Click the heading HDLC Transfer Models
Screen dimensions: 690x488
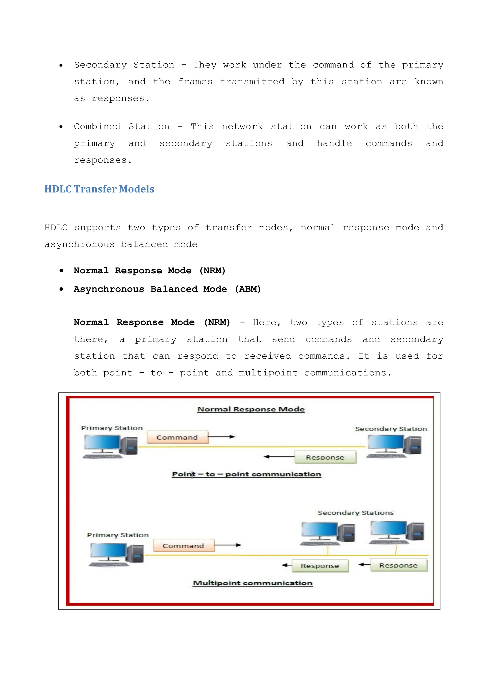pos(99,189)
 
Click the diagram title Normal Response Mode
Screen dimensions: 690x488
pos(251,409)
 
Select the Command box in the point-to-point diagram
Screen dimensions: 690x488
pos(177,437)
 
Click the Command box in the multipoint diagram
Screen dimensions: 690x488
pos(184,546)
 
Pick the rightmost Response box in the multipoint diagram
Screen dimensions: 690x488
pos(398,565)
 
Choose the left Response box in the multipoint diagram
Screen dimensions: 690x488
pos(320,566)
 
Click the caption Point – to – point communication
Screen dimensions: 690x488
pos(246,474)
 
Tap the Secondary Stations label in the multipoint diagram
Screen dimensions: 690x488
pos(356,513)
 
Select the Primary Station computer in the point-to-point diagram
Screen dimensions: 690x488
pos(110,446)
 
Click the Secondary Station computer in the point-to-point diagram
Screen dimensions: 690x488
pos(394,446)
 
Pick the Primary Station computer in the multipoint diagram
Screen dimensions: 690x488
pos(116,555)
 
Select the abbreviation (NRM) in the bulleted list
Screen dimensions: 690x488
pos(212,270)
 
